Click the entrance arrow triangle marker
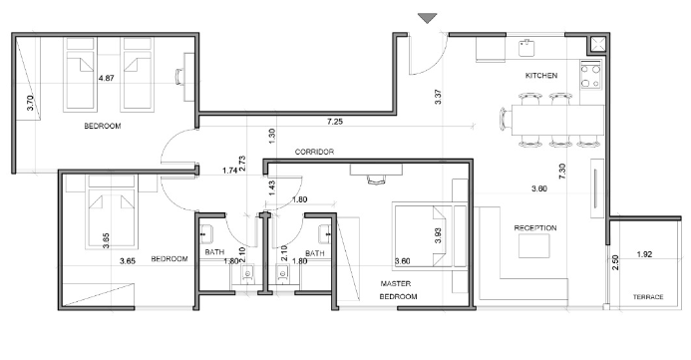click(x=427, y=18)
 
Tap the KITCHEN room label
click(x=541, y=76)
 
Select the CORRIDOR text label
click(x=314, y=152)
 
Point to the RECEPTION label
click(x=535, y=227)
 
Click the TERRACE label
click(x=648, y=297)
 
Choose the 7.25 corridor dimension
click(x=335, y=122)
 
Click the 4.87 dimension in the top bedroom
click(x=107, y=78)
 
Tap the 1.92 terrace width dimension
click(x=644, y=254)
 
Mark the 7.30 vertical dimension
click(x=562, y=172)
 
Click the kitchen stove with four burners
click(x=591, y=76)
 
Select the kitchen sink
click(x=526, y=48)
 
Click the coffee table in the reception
click(x=533, y=245)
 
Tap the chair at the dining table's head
click(x=505, y=119)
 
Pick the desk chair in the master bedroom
click(x=376, y=180)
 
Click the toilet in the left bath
click(x=247, y=273)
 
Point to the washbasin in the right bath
click(x=324, y=234)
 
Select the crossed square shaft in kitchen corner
click(x=598, y=45)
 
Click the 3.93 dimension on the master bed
click(x=437, y=235)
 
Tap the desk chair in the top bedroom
click(x=179, y=77)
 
